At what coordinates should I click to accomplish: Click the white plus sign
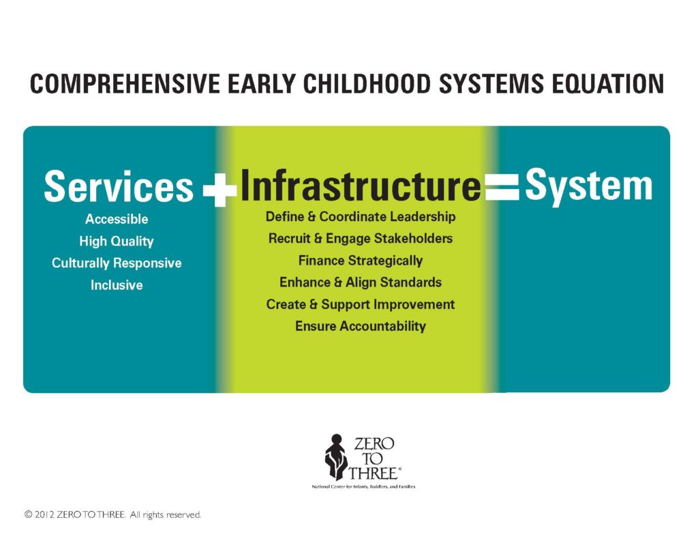220,190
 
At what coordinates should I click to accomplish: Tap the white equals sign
502,187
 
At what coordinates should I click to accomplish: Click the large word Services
119,186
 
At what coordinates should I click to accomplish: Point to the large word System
588,186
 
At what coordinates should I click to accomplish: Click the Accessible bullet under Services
117,219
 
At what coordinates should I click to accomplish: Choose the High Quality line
117,241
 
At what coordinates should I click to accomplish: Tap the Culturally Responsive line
117,263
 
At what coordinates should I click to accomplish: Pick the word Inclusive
117,285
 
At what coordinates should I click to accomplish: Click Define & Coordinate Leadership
361,217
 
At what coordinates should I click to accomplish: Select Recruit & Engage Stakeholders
361,239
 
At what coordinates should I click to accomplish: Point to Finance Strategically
361,261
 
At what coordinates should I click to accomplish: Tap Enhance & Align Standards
361,282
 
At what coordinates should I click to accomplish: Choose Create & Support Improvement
361,304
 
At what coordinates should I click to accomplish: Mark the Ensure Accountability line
361,326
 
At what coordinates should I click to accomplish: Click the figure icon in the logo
336,457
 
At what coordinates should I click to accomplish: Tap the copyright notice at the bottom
112,515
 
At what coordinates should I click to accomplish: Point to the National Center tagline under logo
364,487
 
